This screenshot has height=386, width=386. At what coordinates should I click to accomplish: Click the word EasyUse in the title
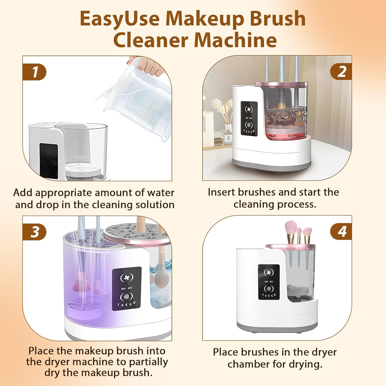coord(119,19)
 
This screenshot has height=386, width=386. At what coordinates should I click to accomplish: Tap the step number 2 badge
coord(341,71)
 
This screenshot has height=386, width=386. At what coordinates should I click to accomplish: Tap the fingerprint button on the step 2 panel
coord(249,125)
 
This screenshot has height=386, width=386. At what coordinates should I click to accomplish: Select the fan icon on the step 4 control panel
coord(269,273)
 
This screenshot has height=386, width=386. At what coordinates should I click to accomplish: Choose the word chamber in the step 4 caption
coord(248,364)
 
